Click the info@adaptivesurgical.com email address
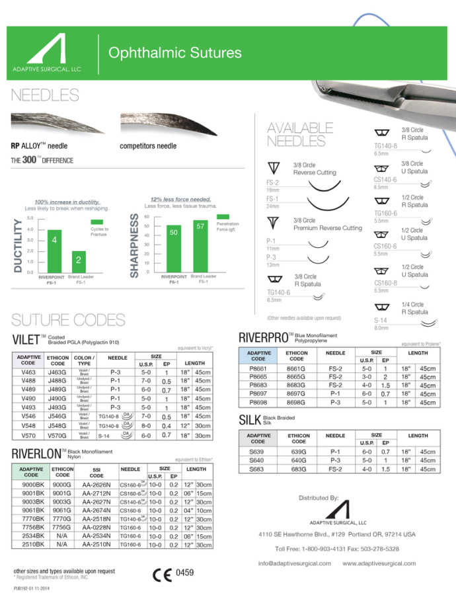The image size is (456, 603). tap(291, 563)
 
